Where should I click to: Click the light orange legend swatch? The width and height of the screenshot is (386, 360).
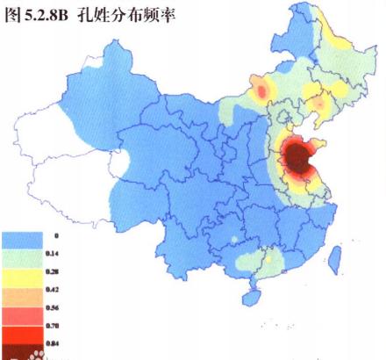pyautogui.click(x=23, y=293)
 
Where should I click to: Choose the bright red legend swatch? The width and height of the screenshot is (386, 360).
pyautogui.click(x=23, y=329)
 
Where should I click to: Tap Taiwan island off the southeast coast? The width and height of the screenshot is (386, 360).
pyautogui.click(x=334, y=257)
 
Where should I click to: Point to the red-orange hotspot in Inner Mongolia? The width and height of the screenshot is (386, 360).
pyautogui.click(x=261, y=88)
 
